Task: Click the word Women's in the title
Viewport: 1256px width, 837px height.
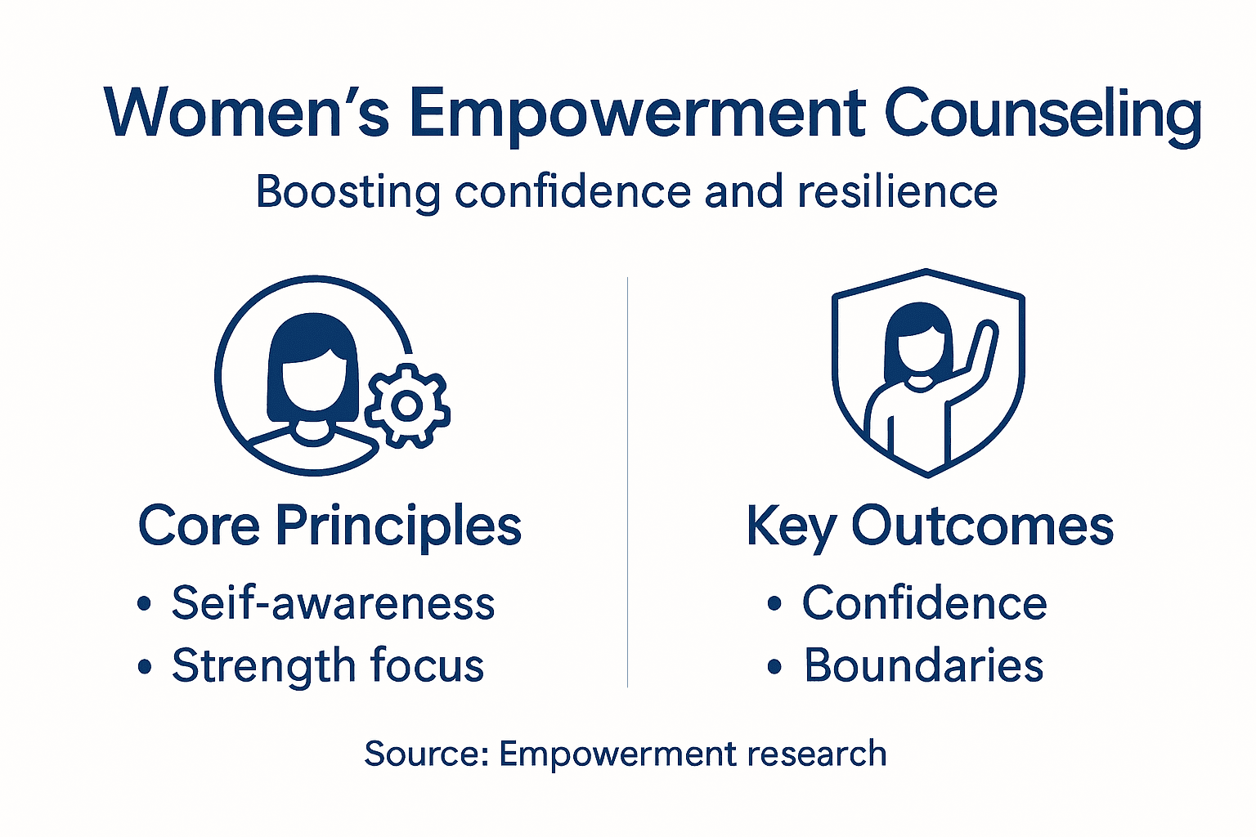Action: tap(246, 112)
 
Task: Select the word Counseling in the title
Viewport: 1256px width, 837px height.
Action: tap(1043, 114)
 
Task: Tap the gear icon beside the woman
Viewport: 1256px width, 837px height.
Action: tap(406, 405)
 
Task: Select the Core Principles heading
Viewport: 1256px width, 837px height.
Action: tap(330, 526)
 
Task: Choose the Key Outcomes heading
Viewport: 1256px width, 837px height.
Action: tap(930, 526)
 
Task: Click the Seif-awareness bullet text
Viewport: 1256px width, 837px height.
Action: tap(333, 603)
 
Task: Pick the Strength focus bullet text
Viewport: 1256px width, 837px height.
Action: tap(327, 665)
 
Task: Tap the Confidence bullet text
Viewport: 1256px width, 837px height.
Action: tap(924, 603)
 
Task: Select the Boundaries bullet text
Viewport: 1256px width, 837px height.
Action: tap(923, 665)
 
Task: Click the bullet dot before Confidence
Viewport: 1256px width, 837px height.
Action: tap(774, 605)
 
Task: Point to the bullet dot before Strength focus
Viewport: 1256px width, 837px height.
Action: tap(145, 667)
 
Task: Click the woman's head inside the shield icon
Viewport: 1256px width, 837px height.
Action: tap(919, 343)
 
